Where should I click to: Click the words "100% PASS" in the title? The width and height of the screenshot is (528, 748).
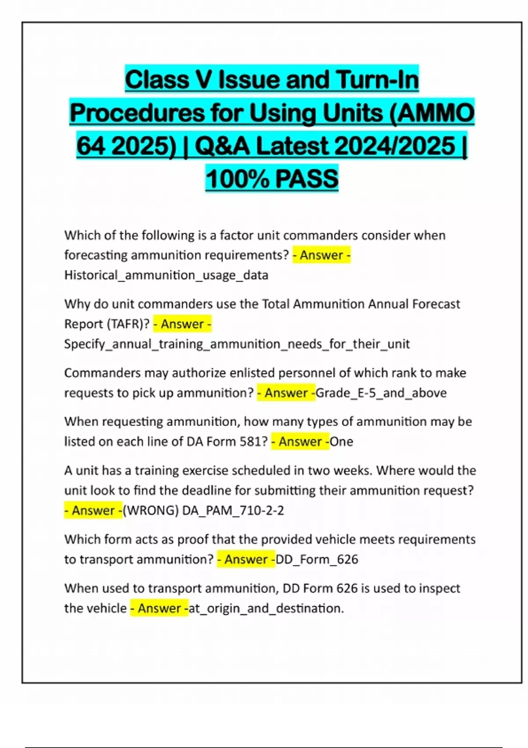point(272,179)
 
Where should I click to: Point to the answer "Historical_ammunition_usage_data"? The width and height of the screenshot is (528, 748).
point(166,275)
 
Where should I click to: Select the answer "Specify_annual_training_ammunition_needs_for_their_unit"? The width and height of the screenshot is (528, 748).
point(237,344)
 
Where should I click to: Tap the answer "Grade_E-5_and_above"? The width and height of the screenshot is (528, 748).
point(381,392)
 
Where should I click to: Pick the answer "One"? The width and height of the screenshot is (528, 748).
point(341,441)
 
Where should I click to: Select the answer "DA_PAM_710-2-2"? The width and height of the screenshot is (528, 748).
point(233,510)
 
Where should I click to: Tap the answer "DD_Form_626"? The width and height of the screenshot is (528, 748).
point(317,559)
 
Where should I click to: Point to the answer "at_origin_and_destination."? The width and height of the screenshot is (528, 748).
point(266,608)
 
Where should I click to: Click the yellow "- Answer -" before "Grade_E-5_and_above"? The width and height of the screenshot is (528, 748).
point(286,392)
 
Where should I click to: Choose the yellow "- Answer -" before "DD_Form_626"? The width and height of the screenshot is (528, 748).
point(246,559)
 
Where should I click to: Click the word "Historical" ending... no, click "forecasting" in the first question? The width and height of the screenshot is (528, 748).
point(95,255)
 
